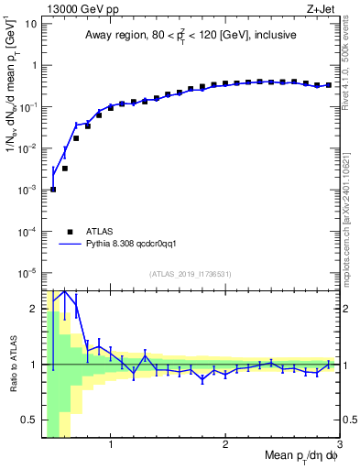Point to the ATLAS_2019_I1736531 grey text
(190, 274)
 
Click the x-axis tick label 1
(111, 447)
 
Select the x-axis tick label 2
(225, 447)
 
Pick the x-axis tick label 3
(338, 447)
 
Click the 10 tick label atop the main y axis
(30, 24)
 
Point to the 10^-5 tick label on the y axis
(27, 272)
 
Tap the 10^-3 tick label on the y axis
(27, 190)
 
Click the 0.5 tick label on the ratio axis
(29, 420)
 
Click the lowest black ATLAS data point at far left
(53, 190)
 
